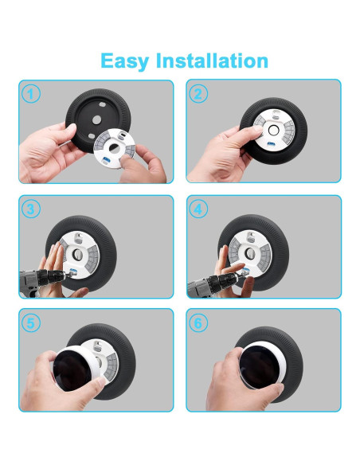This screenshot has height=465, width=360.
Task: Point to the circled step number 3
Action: (x=31, y=209)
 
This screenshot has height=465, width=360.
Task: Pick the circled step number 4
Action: (x=199, y=209)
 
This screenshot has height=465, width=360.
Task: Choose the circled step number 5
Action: (x=31, y=323)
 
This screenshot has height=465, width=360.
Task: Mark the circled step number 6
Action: (x=199, y=323)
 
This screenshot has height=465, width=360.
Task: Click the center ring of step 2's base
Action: (x=273, y=129)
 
